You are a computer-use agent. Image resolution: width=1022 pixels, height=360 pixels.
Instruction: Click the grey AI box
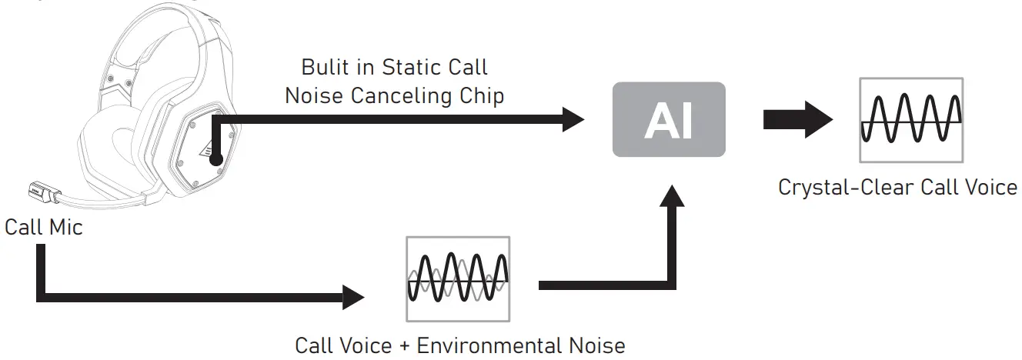point(669,119)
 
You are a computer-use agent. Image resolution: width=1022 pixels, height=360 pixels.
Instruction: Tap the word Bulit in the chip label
point(324,67)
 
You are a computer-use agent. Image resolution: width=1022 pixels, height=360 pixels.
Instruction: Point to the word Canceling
point(401,96)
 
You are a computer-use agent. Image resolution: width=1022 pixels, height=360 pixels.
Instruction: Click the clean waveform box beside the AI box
point(911,120)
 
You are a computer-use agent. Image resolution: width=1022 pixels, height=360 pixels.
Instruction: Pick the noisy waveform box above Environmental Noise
point(458,278)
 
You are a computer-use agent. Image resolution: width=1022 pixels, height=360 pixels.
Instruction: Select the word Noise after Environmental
point(596,345)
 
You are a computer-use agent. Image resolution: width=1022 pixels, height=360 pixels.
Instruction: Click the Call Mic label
point(44,227)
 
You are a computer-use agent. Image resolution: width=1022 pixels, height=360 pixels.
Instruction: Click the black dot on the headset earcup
point(215,159)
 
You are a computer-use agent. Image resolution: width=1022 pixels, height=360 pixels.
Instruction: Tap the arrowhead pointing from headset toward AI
point(573,119)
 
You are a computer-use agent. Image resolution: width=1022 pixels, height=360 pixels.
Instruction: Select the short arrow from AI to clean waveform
point(798,119)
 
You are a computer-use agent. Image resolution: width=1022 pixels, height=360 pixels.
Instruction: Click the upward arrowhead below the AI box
point(672,195)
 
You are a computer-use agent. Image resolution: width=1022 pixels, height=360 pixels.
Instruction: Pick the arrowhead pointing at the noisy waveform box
point(353,298)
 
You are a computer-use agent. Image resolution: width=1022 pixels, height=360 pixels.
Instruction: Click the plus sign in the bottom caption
point(404,346)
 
